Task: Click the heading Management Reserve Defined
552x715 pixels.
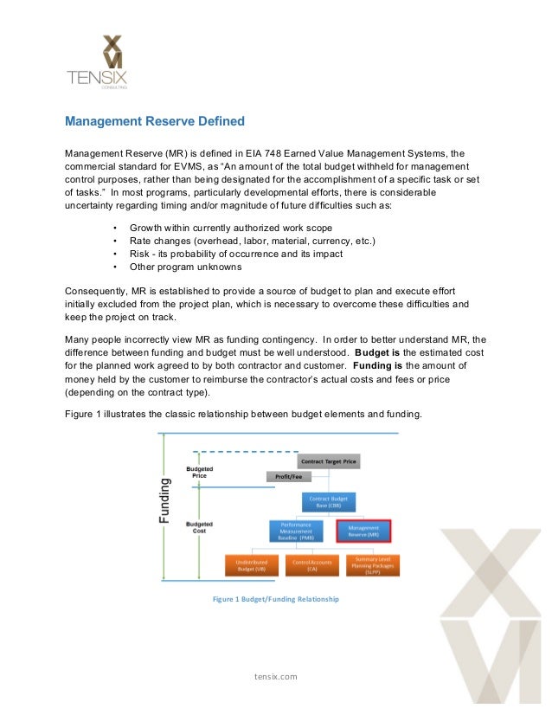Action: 156,121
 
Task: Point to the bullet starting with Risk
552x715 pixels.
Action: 235,254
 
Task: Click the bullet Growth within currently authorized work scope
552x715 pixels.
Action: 230,227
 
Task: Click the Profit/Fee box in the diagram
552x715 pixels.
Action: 283,476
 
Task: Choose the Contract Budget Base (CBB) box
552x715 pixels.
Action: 329,503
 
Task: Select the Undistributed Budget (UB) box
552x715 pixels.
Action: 252,565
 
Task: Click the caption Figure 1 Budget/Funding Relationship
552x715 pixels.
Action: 276,599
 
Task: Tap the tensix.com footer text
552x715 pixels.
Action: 276,676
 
